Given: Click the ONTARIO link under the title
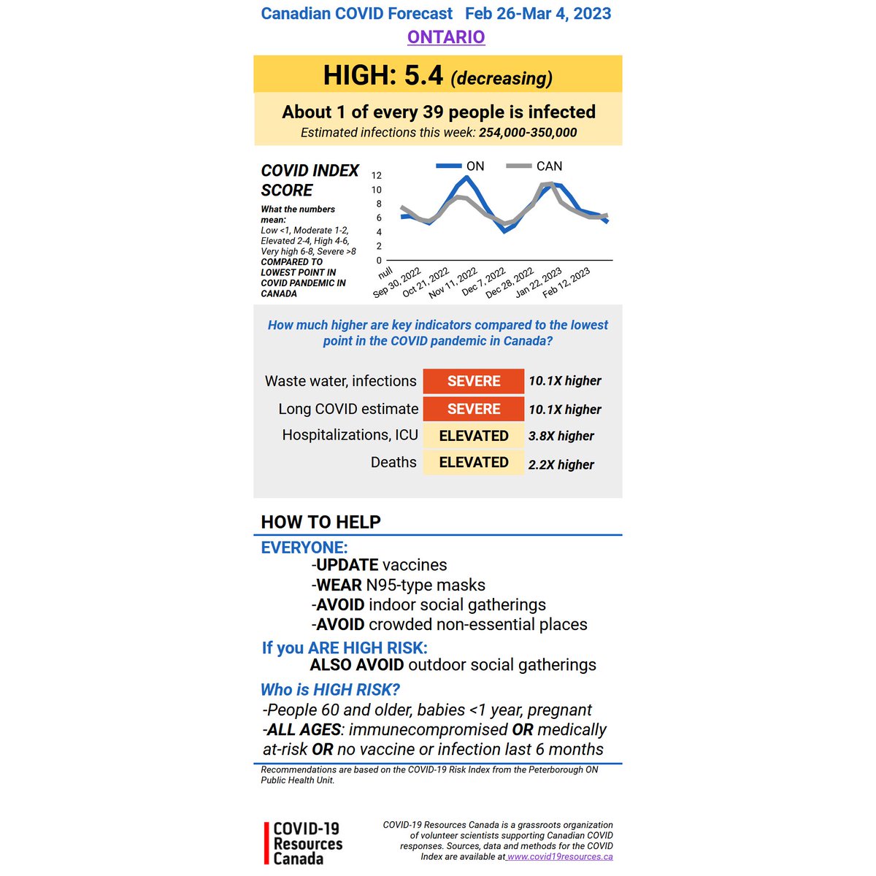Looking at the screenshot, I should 446,37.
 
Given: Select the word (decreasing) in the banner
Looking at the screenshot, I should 502,78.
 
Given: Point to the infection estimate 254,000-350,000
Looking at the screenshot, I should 528,133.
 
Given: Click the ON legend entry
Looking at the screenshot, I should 474,166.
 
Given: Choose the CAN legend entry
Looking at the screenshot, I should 549,166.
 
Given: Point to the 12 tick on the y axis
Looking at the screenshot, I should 377,175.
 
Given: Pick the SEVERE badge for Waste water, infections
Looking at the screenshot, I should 474,381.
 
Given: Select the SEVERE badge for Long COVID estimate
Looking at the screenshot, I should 474,409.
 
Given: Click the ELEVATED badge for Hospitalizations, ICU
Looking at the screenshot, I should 474,436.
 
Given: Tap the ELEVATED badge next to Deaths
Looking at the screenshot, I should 474,463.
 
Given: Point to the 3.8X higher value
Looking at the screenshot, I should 561,436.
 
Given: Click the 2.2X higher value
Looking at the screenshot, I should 561,464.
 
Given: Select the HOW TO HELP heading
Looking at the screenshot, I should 321,522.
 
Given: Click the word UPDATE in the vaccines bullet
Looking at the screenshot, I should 347,565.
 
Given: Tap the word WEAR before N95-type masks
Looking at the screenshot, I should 339,585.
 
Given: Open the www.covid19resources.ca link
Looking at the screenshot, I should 560,857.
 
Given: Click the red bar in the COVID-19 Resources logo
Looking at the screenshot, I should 266,843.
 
